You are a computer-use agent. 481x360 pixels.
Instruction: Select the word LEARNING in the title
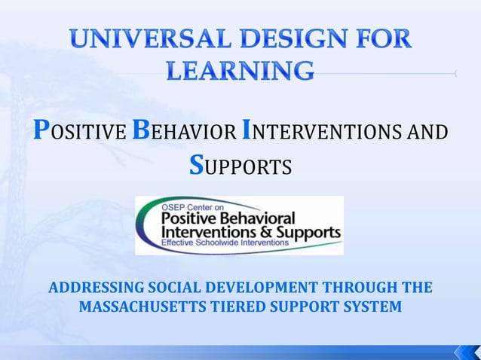pos(239,72)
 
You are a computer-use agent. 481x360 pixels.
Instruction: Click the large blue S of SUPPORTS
pos(196,165)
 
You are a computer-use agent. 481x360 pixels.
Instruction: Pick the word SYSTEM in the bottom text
pos(371,308)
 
